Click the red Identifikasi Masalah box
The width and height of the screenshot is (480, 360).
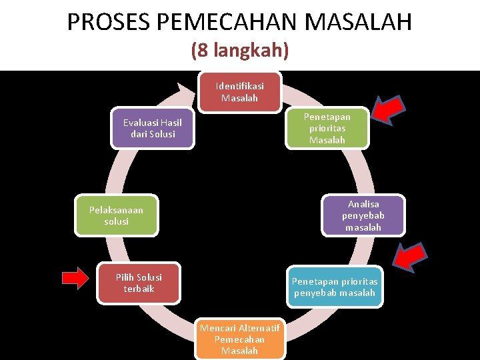tap(239, 92)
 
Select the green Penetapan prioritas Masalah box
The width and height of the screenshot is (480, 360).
tap(327, 127)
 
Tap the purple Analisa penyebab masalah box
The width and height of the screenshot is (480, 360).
tap(363, 215)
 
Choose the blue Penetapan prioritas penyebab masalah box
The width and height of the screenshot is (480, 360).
tap(334, 287)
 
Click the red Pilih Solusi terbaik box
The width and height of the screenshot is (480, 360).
tap(139, 283)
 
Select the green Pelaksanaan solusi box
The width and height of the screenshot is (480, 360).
tap(116, 215)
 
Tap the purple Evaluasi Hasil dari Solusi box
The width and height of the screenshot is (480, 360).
tap(153, 128)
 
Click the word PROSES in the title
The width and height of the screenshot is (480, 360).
tap(108, 23)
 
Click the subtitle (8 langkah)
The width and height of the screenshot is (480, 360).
tap(239, 51)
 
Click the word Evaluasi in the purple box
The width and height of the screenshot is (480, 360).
tap(139, 123)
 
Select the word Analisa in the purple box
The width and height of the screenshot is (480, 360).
tap(363, 204)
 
